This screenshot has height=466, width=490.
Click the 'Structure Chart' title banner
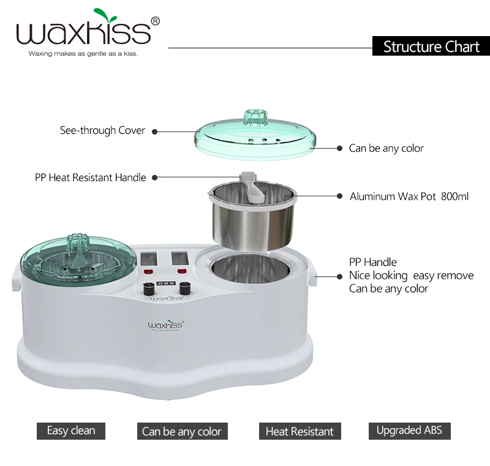(x=431, y=46)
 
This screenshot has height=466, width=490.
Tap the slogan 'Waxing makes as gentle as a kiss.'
(x=83, y=54)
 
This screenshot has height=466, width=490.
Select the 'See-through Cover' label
(x=102, y=130)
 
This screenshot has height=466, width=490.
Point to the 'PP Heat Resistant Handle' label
(x=90, y=177)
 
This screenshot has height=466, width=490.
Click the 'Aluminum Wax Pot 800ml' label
(x=409, y=197)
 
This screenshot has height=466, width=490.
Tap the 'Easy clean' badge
(x=71, y=431)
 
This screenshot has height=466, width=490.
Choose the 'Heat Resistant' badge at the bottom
(x=300, y=431)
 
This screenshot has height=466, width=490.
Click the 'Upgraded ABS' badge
(x=409, y=430)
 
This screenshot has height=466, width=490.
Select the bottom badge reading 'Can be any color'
(x=182, y=431)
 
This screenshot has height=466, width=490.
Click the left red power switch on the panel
(x=148, y=272)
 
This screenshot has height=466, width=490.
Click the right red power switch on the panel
(x=181, y=272)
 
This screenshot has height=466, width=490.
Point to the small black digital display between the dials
(x=165, y=285)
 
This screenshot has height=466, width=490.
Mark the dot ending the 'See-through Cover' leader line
(x=155, y=131)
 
